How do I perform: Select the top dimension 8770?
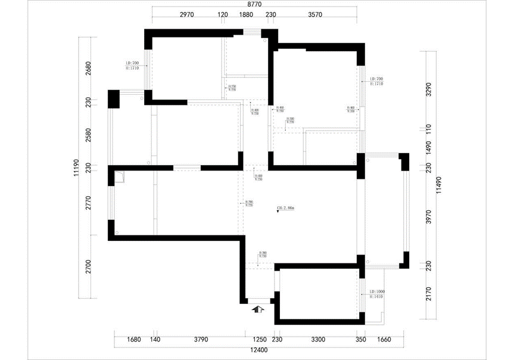coord(254,4)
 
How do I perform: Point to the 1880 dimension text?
coord(246,15)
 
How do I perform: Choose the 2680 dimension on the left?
coord(88,68)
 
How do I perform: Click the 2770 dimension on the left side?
coord(88,203)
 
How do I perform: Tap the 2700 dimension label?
coord(88,266)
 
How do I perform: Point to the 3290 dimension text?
coord(427,89)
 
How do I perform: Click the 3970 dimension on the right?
coord(427,217)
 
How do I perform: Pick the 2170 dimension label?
coord(427,293)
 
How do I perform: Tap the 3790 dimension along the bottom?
coord(200,340)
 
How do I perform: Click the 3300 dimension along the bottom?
coord(317,340)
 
